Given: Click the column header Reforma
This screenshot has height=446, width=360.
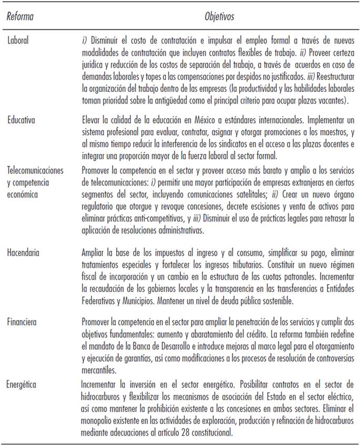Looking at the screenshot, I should click(19, 17).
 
